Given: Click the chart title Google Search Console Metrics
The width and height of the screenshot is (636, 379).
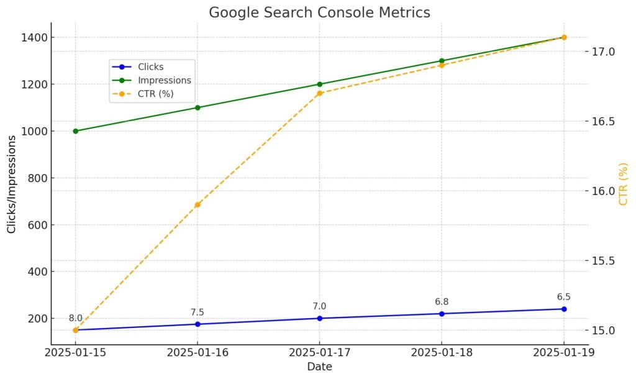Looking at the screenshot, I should click(319, 12).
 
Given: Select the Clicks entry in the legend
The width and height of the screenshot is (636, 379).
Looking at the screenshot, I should click(151, 66).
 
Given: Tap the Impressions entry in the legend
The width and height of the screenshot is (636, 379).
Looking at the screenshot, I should click(164, 80).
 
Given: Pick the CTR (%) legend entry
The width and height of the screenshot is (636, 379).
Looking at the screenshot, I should click(157, 94).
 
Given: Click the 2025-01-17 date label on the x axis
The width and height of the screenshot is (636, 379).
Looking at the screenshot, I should click(320, 352).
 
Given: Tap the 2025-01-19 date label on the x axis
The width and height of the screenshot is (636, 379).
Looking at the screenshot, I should click(564, 352).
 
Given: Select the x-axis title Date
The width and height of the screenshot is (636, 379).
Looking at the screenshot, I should click(319, 367).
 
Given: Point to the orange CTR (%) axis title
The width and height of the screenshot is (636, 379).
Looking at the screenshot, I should click(623, 184).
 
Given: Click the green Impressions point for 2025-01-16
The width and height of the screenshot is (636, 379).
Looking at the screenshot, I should click(198, 107).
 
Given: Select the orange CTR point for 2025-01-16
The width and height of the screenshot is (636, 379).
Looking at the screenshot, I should click(198, 204).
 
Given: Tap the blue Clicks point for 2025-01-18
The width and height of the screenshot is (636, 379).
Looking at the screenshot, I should click(442, 314).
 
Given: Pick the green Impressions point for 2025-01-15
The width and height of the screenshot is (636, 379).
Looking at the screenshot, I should click(76, 131).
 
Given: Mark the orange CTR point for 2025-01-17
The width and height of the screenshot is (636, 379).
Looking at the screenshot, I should click(320, 93).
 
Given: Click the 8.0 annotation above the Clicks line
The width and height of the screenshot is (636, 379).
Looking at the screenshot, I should click(76, 318).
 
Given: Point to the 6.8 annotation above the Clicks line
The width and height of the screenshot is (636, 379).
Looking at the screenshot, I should click(442, 302).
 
